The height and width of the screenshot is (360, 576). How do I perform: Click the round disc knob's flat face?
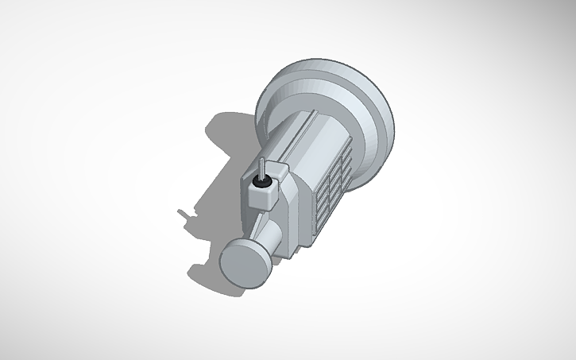tap(243, 264)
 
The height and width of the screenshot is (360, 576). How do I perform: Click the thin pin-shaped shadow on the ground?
tap(184, 212)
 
